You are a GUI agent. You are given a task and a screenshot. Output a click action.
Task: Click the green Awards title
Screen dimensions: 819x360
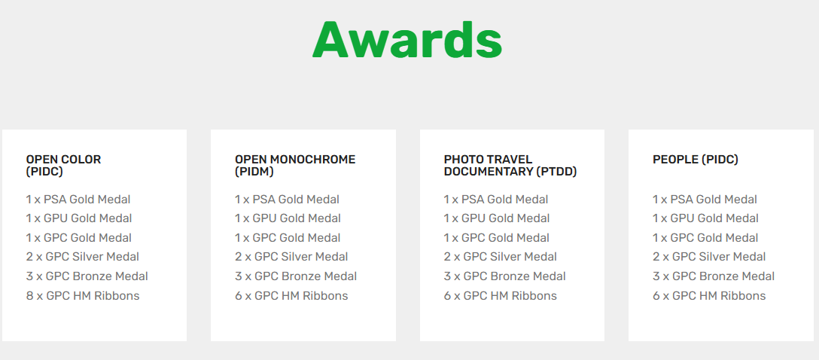click(x=407, y=40)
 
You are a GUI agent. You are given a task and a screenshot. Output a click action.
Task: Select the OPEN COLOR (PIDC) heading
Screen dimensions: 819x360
click(x=63, y=166)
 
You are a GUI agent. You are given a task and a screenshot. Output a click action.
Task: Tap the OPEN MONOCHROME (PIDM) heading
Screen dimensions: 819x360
click(x=295, y=166)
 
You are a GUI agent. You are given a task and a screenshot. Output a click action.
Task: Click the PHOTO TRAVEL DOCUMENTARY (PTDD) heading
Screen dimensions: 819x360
click(x=510, y=166)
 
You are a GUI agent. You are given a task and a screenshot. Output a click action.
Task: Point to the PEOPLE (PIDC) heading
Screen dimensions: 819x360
click(x=696, y=160)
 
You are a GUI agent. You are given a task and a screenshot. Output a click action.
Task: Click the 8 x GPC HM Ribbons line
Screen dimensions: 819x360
click(x=83, y=296)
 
